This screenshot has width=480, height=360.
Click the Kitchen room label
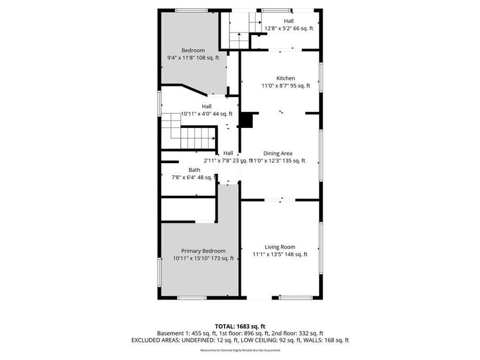click(285, 78)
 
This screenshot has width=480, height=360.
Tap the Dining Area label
click(281, 154)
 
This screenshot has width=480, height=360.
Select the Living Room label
click(280, 247)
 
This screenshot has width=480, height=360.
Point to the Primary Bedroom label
click(203, 251)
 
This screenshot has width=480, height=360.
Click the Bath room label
click(194, 170)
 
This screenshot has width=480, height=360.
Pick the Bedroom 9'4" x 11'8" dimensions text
click(193, 58)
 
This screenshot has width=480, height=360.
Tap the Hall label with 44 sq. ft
click(206, 106)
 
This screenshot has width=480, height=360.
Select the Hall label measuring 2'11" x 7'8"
click(228, 153)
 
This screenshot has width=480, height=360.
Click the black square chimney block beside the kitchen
click(246, 120)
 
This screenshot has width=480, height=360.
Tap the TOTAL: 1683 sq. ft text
click(239, 326)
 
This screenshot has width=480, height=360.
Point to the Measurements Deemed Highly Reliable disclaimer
click(239, 350)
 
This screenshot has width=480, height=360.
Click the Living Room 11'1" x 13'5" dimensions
click(280, 254)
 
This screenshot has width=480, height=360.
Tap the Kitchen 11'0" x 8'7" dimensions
click(285, 85)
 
